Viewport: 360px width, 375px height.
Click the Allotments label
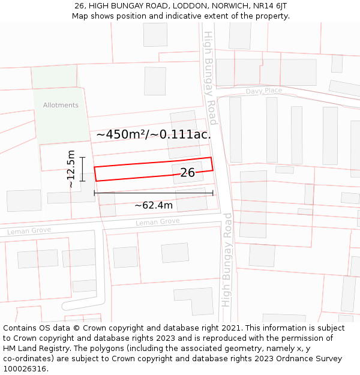61,105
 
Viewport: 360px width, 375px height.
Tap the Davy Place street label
263,91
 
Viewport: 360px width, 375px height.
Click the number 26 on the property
187,173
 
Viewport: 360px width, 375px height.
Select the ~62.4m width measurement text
153,206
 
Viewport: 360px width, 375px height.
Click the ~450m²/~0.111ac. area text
154,134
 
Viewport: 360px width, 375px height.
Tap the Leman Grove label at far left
29,231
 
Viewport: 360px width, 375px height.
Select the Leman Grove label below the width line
157,222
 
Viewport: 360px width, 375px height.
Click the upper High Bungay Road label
210,78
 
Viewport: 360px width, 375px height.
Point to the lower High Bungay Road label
227,259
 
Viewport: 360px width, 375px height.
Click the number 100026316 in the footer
25,368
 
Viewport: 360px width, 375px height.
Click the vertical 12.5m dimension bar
83,169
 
